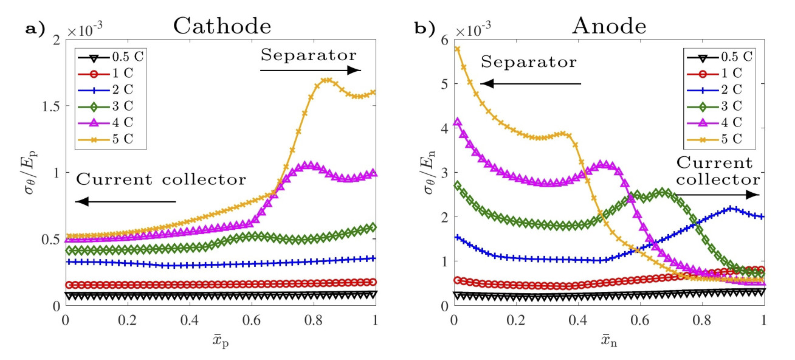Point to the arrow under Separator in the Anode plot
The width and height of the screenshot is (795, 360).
[x=531, y=84]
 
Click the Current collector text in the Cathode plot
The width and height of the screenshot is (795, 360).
[x=161, y=180]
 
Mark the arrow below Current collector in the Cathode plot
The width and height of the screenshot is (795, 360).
[x=125, y=202]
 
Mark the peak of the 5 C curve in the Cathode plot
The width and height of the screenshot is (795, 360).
[x=326, y=80]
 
